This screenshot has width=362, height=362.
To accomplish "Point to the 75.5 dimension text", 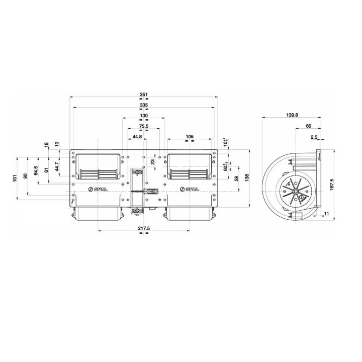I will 144,127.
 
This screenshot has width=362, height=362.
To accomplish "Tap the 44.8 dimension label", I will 137,137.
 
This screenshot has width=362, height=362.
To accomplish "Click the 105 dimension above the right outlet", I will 190,137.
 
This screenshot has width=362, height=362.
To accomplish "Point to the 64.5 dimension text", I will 36,171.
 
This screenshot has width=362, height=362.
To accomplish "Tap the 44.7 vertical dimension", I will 57,165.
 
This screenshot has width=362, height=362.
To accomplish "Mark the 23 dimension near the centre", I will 152,162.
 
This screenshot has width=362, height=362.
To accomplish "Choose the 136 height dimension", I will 247,178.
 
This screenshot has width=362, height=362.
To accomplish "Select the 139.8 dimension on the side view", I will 292,115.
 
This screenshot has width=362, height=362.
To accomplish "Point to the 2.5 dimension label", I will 314,137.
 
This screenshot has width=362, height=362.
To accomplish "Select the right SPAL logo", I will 190,189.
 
